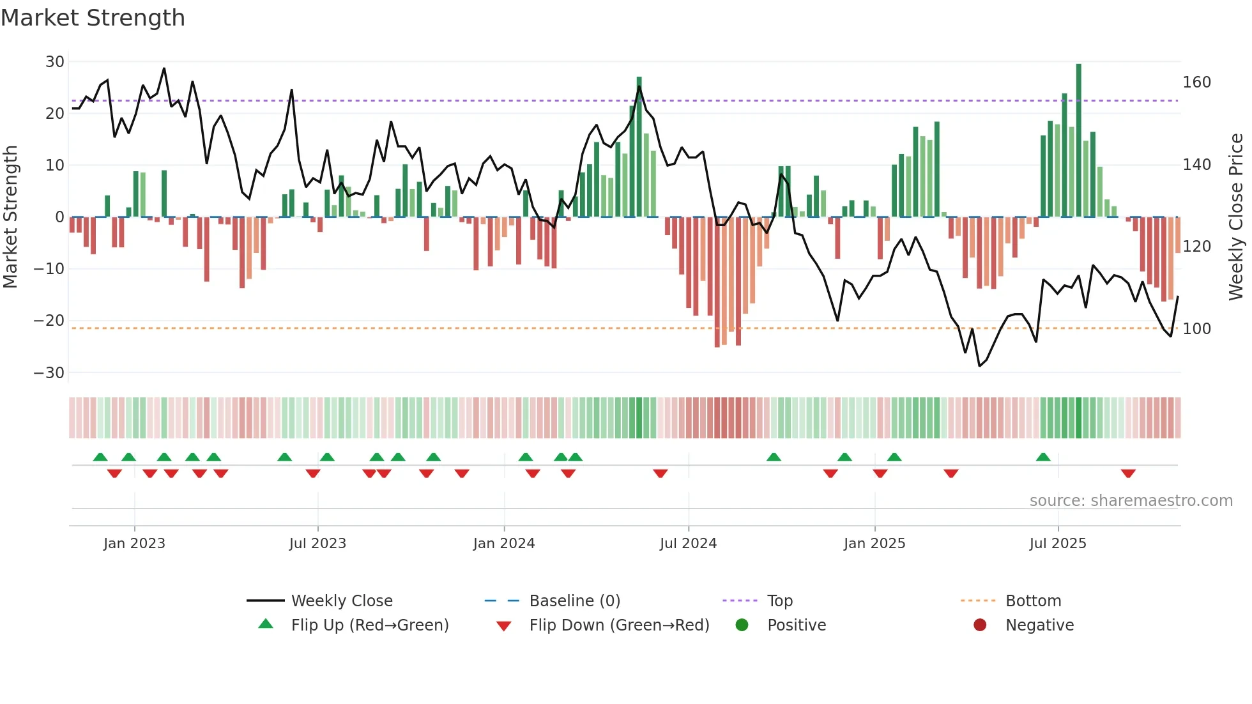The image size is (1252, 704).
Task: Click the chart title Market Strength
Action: pyautogui.click(x=93, y=18)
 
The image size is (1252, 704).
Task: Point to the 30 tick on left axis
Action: pyautogui.click(x=55, y=62)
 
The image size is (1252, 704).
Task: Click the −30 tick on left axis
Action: pyautogui.click(x=49, y=373)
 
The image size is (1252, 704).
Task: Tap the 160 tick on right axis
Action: pyautogui.click(x=1196, y=82)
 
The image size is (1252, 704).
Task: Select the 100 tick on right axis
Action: pyautogui.click(x=1196, y=329)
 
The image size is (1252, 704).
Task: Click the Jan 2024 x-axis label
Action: pyautogui.click(x=504, y=544)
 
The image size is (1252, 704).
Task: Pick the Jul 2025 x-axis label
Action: pyautogui.click(x=1058, y=544)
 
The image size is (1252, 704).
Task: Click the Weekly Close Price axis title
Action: pyautogui.click(x=1236, y=217)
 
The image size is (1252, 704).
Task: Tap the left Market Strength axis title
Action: pyautogui.click(x=10, y=217)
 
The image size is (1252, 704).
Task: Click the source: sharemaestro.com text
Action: pyautogui.click(x=1131, y=501)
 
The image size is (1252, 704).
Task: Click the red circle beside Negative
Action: pyautogui.click(x=980, y=625)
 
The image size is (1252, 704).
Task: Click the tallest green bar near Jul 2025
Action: pyautogui.click(x=1079, y=141)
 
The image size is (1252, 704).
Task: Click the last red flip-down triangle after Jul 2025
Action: pyautogui.click(x=1128, y=473)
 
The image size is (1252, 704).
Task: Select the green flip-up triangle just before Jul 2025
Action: pyautogui.click(x=1043, y=457)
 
